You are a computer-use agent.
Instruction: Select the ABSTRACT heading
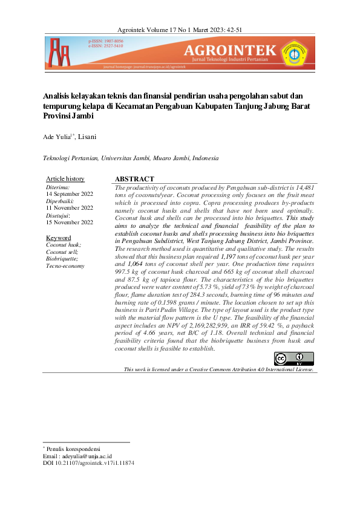click(134, 180)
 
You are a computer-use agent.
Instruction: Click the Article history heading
click(65, 179)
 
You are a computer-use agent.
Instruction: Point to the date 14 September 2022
click(70, 194)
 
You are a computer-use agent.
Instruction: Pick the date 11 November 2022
click(70, 208)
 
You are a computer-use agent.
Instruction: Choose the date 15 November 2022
click(70, 222)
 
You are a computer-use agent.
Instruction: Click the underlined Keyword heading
click(59, 238)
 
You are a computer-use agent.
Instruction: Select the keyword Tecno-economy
click(65, 266)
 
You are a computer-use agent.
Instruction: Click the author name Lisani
click(88, 138)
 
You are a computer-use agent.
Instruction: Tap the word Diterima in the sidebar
click(57, 187)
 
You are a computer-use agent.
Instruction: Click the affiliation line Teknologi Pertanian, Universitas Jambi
click(130, 158)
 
